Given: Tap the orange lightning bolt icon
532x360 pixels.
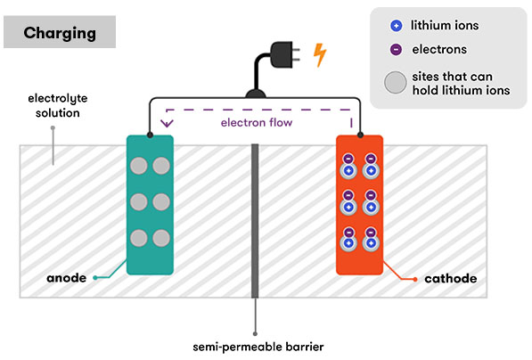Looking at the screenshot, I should [x=319, y=56].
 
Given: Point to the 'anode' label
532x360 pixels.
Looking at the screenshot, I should [x=66, y=278].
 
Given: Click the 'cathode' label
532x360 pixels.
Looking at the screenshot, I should [x=448, y=279].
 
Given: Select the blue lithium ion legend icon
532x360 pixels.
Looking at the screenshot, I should [x=393, y=26].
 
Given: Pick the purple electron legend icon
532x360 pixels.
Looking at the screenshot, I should [x=393, y=50].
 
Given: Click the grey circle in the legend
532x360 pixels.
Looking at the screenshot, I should [x=393, y=82].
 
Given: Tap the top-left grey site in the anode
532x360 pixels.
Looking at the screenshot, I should [x=138, y=166].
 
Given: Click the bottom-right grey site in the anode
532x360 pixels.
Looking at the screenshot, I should [x=160, y=238].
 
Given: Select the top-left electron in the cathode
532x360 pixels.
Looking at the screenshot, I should [x=348, y=159].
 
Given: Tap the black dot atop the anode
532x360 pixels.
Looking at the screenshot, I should [x=150, y=135].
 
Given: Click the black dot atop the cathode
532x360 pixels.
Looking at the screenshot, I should [x=360, y=135].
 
